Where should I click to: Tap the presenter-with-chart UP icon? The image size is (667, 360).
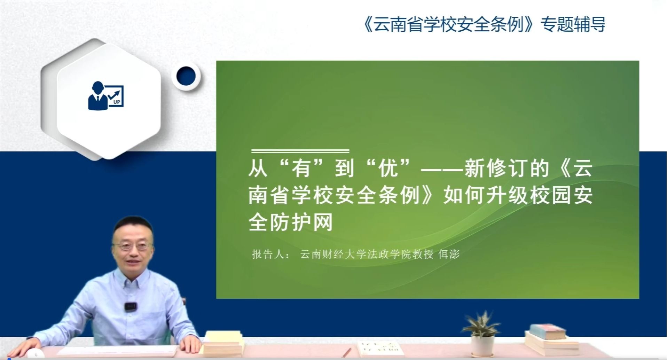[106, 95]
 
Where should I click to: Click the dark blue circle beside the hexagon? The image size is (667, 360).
[186, 76]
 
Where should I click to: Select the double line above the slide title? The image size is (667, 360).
[300, 151]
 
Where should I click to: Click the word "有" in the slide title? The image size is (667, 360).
[302, 168]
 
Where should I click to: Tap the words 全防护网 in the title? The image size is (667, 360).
[291, 222]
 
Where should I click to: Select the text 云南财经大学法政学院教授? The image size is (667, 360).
[367, 254]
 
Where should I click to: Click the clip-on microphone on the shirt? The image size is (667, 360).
[130, 306]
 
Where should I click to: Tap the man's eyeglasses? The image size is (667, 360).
[133, 246]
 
